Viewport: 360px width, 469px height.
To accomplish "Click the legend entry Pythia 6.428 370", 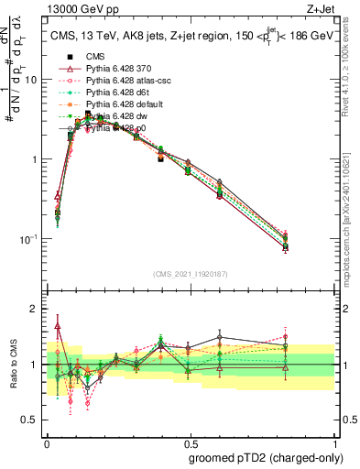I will pos(115,69).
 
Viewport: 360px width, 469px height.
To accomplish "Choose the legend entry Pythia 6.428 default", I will pos(120,104).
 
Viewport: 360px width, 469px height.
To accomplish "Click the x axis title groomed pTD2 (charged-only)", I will pos(265,457).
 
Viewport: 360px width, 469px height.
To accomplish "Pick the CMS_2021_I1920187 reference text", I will pos(190,274).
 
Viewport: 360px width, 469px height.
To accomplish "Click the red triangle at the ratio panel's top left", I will pos(58,325).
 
